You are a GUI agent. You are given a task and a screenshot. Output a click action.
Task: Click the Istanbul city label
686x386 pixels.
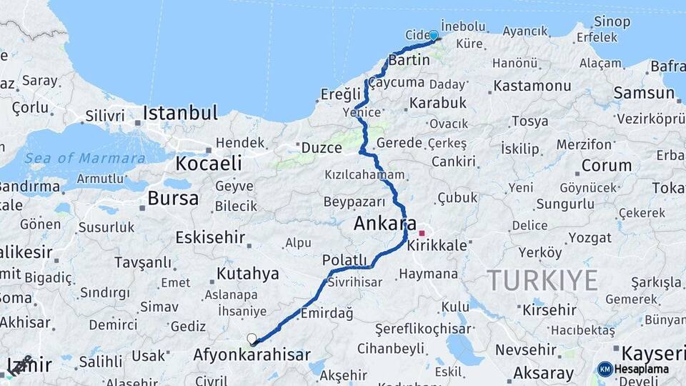[180, 113]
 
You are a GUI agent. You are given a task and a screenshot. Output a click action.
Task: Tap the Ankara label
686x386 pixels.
[385, 224]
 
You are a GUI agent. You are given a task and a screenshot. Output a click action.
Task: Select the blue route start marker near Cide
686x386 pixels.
[433, 35]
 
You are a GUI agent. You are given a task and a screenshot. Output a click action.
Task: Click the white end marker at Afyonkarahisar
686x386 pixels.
[252, 339]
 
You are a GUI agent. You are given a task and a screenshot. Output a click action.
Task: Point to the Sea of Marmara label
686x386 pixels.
[84, 158]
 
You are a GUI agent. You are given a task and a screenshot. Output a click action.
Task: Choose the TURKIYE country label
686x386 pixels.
[542, 280]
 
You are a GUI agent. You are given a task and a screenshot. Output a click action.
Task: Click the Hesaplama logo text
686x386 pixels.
[642, 370]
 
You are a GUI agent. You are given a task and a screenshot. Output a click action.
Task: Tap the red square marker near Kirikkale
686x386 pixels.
[422, 233]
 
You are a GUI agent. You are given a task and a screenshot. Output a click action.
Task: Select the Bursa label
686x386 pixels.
[173, 198]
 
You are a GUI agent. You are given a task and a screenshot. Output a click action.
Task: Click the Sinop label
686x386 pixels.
[612, 21]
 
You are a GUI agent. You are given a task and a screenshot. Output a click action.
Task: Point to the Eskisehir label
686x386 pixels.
[210, 237]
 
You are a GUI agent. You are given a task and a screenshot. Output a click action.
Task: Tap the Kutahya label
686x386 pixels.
[247, 273]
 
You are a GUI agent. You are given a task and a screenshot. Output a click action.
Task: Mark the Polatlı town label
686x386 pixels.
[344, 259]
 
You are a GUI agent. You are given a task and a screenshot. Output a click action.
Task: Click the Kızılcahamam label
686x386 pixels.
[364, 174]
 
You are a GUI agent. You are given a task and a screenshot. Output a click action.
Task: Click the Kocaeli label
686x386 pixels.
[209, 163]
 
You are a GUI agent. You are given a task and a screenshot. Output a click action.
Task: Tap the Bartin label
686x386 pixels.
[409, 60]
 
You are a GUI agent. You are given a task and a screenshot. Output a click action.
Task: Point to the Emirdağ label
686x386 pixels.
[327, 313]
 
